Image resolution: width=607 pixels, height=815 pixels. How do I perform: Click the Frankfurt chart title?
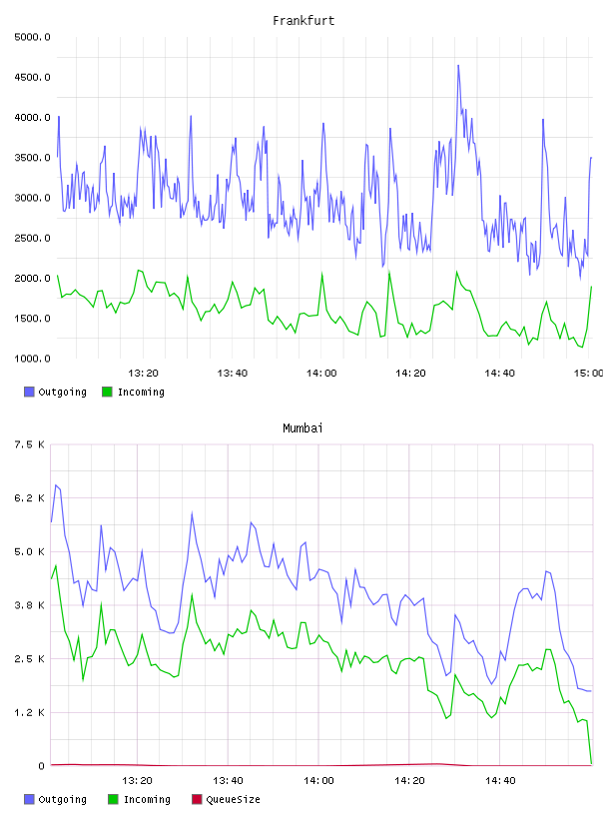[303, 21]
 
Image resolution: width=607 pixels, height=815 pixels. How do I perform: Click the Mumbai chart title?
[303, 428]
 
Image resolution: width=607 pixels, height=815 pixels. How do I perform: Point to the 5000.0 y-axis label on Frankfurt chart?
[32, 37]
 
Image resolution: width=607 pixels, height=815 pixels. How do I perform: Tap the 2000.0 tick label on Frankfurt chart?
[32, 278]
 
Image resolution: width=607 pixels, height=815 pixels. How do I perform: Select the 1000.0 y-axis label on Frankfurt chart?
[32, 359]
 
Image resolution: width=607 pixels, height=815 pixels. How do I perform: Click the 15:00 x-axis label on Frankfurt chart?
[588, 374]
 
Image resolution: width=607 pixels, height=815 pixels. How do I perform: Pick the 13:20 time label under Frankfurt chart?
[143, 374]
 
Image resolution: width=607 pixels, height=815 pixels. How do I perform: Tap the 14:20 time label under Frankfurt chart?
[410, 374]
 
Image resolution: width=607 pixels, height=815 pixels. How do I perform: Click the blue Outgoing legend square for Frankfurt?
[29, 392]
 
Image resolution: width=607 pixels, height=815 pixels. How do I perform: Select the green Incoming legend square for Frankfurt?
[107, 392]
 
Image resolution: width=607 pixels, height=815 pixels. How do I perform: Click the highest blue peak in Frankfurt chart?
[458, 66]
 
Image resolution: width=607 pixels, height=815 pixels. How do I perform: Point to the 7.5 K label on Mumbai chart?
[30, 444]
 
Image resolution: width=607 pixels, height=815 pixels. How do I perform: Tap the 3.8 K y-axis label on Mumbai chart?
[30, 605]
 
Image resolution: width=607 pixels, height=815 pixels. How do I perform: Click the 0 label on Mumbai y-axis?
[41, 766]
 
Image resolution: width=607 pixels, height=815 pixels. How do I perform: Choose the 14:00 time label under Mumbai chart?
[318, 781]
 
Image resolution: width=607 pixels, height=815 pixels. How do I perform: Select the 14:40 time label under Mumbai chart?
[500, 781]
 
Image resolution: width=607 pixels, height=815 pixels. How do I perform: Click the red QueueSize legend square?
[197, 799]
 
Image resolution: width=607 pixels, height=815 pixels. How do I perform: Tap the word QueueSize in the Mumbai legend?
[233, 799]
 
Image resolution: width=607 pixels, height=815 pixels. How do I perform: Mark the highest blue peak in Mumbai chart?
[56, 485]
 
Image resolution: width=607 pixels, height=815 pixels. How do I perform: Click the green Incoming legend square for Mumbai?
[113, 799]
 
